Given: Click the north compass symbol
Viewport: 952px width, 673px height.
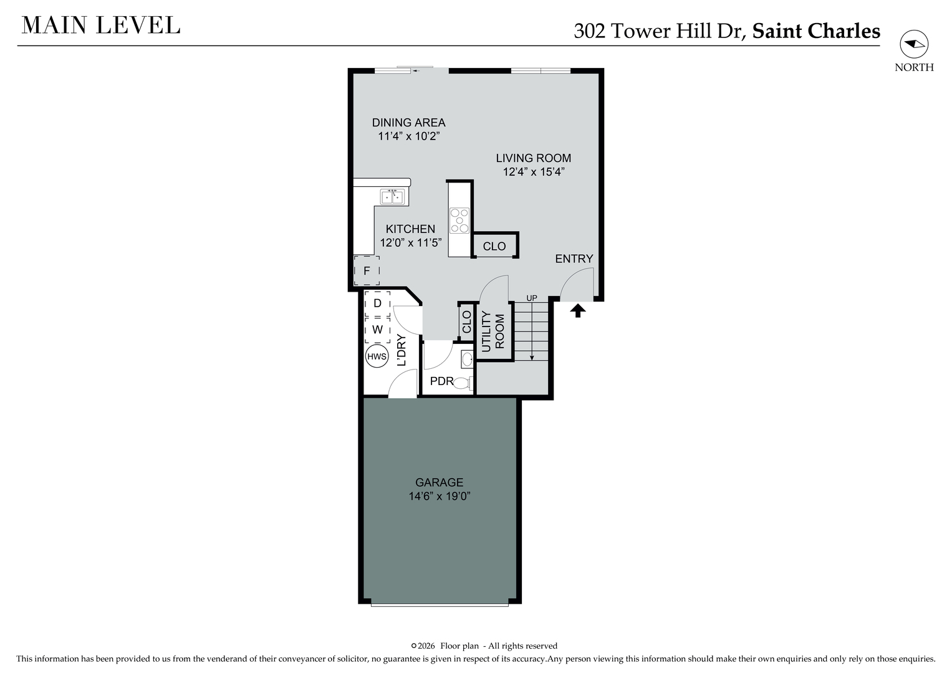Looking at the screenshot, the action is click(914, 44).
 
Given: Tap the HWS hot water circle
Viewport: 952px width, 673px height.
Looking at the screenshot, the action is click(377, 356).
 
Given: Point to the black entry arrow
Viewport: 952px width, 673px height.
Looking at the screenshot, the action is click(577, 310).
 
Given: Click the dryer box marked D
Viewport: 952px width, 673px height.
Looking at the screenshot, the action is click(377, 303).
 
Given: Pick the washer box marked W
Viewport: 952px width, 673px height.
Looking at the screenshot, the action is click(377, 330).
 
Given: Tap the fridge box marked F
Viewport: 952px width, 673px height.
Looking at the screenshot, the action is click(367, 270).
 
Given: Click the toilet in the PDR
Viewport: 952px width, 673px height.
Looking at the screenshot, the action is click(463, 383).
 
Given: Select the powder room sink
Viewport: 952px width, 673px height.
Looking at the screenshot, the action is click(467, 360).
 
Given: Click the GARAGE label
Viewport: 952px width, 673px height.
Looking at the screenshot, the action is click(439, 482).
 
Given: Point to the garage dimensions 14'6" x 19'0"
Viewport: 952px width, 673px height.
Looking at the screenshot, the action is click(440, 496).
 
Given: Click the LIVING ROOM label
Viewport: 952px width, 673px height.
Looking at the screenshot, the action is click(534, 158).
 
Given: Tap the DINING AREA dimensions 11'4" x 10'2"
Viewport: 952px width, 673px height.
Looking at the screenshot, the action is click(408, 136).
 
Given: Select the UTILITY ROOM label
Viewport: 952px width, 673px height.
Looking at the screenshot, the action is click(493, 332).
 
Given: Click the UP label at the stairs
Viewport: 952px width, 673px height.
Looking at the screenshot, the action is click(532, 298).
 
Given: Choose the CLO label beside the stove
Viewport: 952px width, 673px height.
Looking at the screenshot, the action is click(494, 246).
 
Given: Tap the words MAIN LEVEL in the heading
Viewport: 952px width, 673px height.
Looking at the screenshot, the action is click(101, 26).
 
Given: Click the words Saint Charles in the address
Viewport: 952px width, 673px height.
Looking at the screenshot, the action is click(816, 31).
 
